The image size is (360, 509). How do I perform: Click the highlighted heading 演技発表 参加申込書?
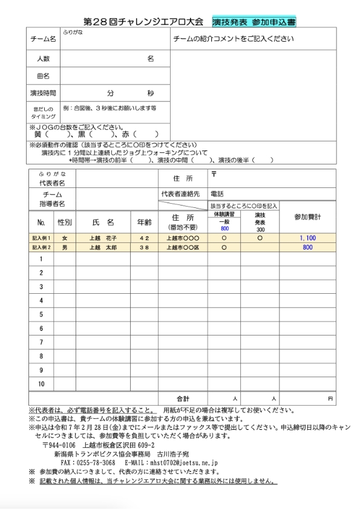tap(254, 22)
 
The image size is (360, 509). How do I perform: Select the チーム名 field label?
tap(43, 39)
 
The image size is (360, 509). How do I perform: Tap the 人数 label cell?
tap(43, 59)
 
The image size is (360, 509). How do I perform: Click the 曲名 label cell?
tap(43, 76)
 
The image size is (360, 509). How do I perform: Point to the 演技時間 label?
tap(43, 94)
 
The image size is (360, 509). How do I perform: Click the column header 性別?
tap(65, 222)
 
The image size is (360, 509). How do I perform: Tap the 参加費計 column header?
tap(307, 216)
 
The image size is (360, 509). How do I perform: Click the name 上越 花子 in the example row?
tap(103, 238)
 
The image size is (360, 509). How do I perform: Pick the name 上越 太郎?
tap(103, 248)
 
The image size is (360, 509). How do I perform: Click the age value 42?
tap(144, 238)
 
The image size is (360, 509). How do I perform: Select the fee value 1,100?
tap(307, 238)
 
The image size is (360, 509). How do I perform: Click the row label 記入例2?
tap(42, 248)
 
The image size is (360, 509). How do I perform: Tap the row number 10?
tap(41, 384)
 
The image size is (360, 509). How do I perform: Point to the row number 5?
tap(41, 314)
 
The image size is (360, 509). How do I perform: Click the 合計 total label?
tap(183, 399)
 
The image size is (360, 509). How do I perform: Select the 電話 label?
tap(217, 194)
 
